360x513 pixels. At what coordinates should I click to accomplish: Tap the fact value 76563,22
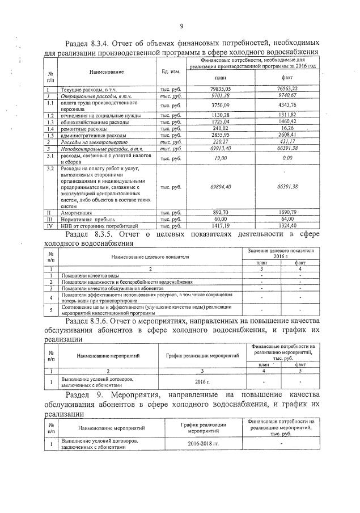(287, 89)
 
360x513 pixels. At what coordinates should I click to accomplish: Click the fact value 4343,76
(287, 105)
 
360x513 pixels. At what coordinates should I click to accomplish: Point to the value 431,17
(287, 142)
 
